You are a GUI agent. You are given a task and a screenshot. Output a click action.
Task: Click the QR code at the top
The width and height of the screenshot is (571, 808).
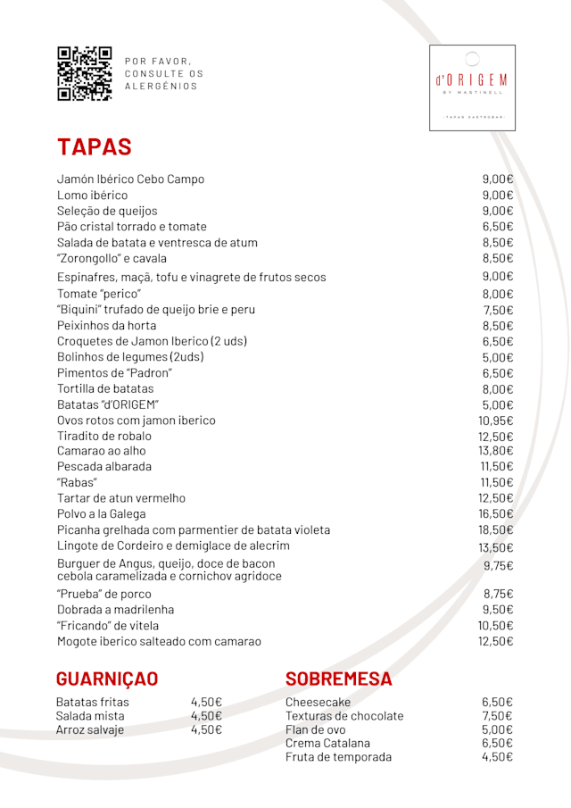(85, 73)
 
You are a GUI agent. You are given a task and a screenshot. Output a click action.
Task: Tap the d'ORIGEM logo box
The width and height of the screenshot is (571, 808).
(472, 87)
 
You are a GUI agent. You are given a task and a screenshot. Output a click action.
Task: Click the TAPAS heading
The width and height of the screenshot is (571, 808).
(95, 147)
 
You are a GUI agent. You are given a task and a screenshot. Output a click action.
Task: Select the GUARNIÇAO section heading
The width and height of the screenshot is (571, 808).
(107, 679)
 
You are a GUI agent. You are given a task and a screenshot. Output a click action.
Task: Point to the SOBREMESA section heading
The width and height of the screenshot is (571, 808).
(339, 679)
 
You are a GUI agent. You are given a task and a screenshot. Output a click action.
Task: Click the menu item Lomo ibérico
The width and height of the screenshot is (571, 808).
(93, 195)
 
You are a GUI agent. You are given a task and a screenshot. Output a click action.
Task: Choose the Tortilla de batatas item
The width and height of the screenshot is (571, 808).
(105, 388)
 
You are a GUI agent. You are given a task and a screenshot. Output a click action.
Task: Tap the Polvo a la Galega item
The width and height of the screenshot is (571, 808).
(102, 514)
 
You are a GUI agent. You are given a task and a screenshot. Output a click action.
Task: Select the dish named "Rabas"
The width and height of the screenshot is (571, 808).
(78, 482)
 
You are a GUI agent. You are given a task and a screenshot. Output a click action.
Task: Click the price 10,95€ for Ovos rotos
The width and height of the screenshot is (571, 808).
(496, 421)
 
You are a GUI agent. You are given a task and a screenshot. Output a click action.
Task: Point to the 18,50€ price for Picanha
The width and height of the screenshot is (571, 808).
(496, 530)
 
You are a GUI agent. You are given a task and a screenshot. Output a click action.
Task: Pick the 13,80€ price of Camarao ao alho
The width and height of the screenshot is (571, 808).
(496, 451)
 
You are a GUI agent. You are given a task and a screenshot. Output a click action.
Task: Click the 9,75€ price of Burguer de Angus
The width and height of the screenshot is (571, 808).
(499, 566)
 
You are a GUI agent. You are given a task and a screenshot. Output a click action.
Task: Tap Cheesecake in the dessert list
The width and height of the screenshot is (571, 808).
(319, 702)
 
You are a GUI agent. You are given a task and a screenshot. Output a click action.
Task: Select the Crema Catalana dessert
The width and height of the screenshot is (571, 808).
(327, 743)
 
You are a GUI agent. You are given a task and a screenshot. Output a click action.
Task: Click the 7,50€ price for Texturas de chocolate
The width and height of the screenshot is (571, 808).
(497, 716)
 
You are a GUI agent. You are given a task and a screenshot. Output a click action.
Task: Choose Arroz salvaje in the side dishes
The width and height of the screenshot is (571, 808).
(90, 729)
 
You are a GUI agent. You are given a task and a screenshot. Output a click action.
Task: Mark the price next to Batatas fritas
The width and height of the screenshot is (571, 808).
(206, 702)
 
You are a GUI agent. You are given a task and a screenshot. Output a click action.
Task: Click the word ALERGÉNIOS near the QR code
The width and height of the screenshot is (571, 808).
(161, 87)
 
